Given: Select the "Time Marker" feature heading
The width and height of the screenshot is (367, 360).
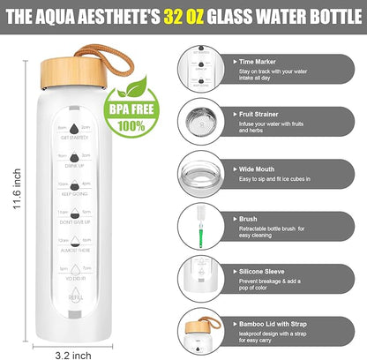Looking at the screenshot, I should click(260, 63).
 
